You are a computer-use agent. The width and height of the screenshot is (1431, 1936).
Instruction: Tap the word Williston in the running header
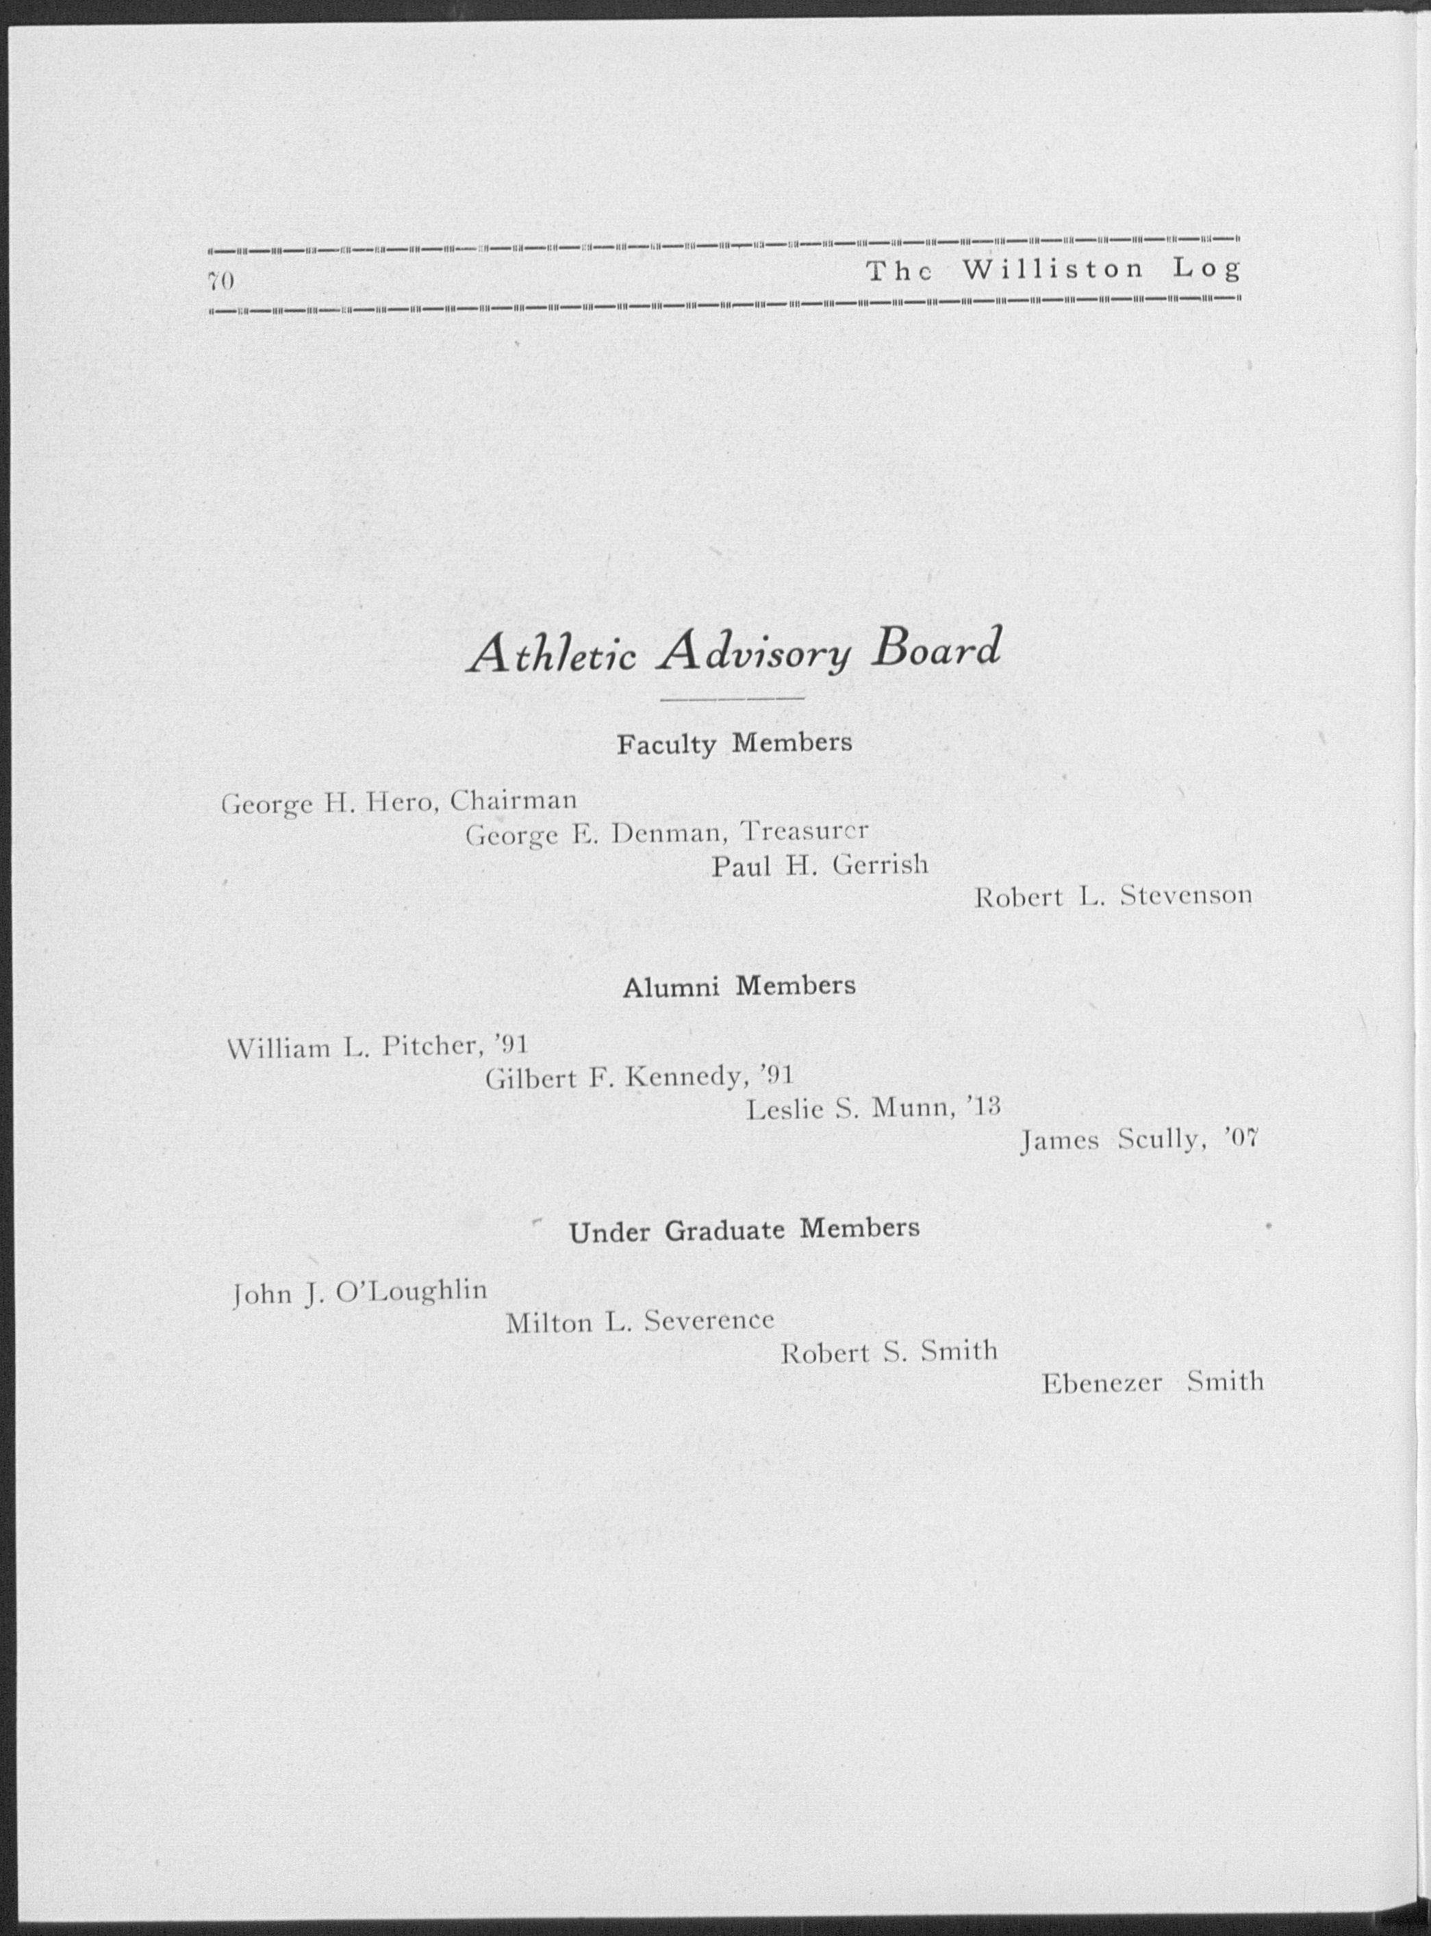pos(1052,270)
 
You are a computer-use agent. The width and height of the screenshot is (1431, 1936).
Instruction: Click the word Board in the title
pos(937,648)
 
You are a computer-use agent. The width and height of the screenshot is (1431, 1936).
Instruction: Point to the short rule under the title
pos(732,698)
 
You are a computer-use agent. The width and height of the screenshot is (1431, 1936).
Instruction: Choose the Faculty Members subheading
pos(734,743)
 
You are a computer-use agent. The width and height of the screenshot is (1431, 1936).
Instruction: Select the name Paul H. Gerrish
pos(820,864)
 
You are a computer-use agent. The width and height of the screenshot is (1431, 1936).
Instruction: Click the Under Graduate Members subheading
pos(744,1229)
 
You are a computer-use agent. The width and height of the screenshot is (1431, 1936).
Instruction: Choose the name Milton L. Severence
pos(639,1321)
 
